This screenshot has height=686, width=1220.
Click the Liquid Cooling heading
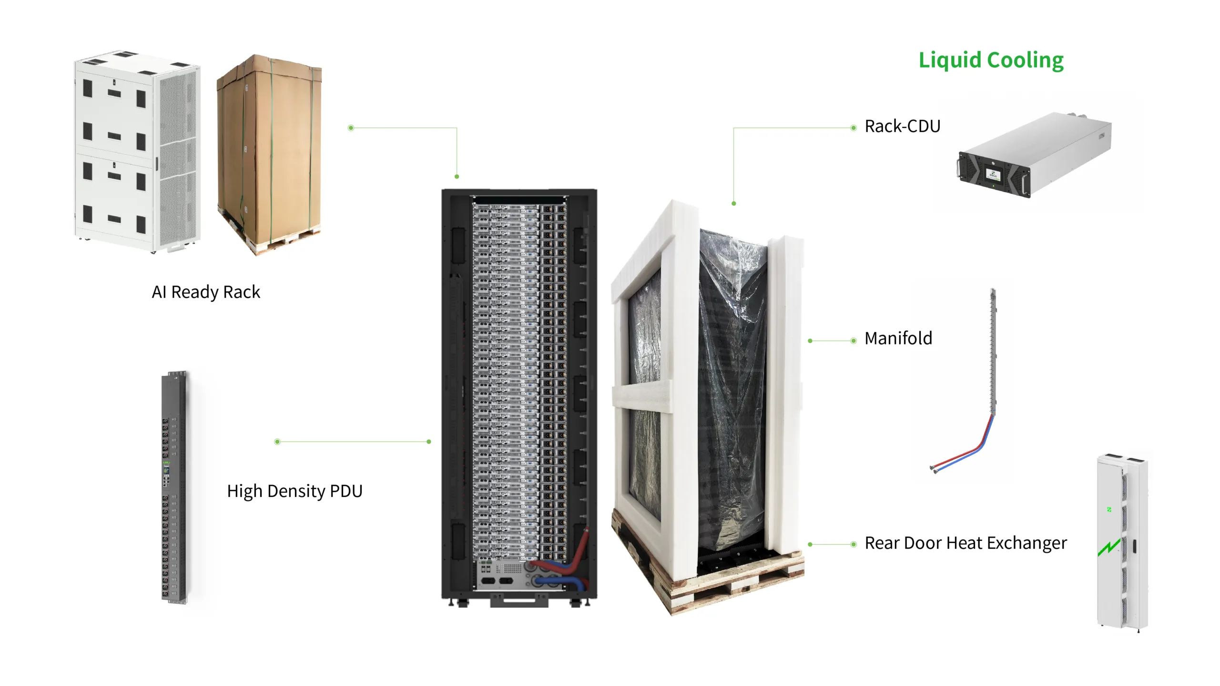coord(991,61)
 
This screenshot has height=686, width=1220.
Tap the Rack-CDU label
coord(902,126)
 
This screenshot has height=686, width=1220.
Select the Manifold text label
coord(898,338)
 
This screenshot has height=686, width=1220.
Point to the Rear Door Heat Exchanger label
coord(966,543)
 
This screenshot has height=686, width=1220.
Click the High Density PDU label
coord(295,491)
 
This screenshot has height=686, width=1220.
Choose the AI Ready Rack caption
coord(206,292)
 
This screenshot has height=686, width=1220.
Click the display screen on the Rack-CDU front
coord(994,173)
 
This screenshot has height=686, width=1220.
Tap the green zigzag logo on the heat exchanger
coord(1109,548)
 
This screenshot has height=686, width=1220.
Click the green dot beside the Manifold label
coord(854,341)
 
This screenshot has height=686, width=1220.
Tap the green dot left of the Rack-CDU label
coord(854,128)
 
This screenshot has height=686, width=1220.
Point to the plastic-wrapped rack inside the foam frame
coord(732,381)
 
